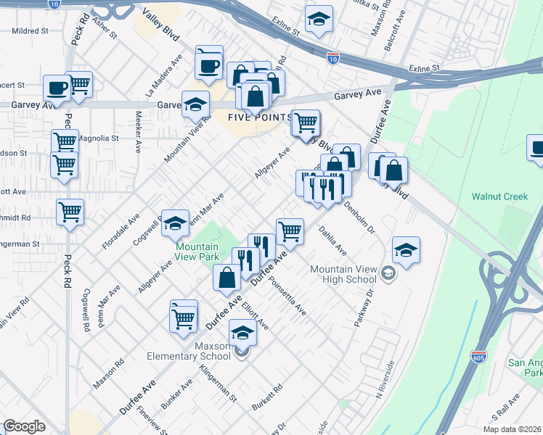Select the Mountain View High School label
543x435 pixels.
click(x=343, y=274)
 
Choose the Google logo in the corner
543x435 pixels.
click(x=25, y=426)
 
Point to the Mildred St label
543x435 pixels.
click(x=29, y=32)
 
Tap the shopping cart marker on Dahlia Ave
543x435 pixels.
click(x=290, y=231)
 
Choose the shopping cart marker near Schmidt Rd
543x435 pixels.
click(x=70, y=212)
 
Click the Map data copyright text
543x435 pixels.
click(x=512, y=428)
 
